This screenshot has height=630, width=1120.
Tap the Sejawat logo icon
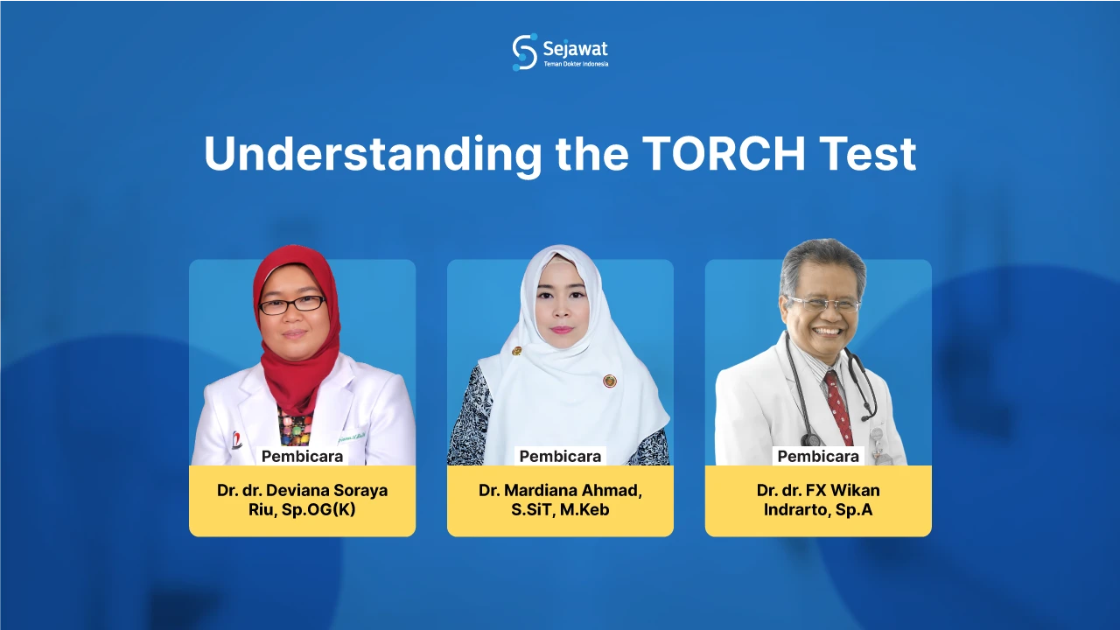(524, 52)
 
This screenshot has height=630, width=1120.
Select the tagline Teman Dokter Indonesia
(575, 64)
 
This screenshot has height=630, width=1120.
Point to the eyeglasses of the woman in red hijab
(292, 304)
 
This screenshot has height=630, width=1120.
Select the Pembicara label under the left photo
(302, 456)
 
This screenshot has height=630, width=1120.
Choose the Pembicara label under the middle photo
(560, 456)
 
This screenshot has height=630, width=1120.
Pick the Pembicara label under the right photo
(818, 456)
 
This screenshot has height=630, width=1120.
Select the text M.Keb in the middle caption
(585, 509)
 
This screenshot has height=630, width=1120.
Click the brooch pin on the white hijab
(610, 381)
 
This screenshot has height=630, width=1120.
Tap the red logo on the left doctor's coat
(236, 440)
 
